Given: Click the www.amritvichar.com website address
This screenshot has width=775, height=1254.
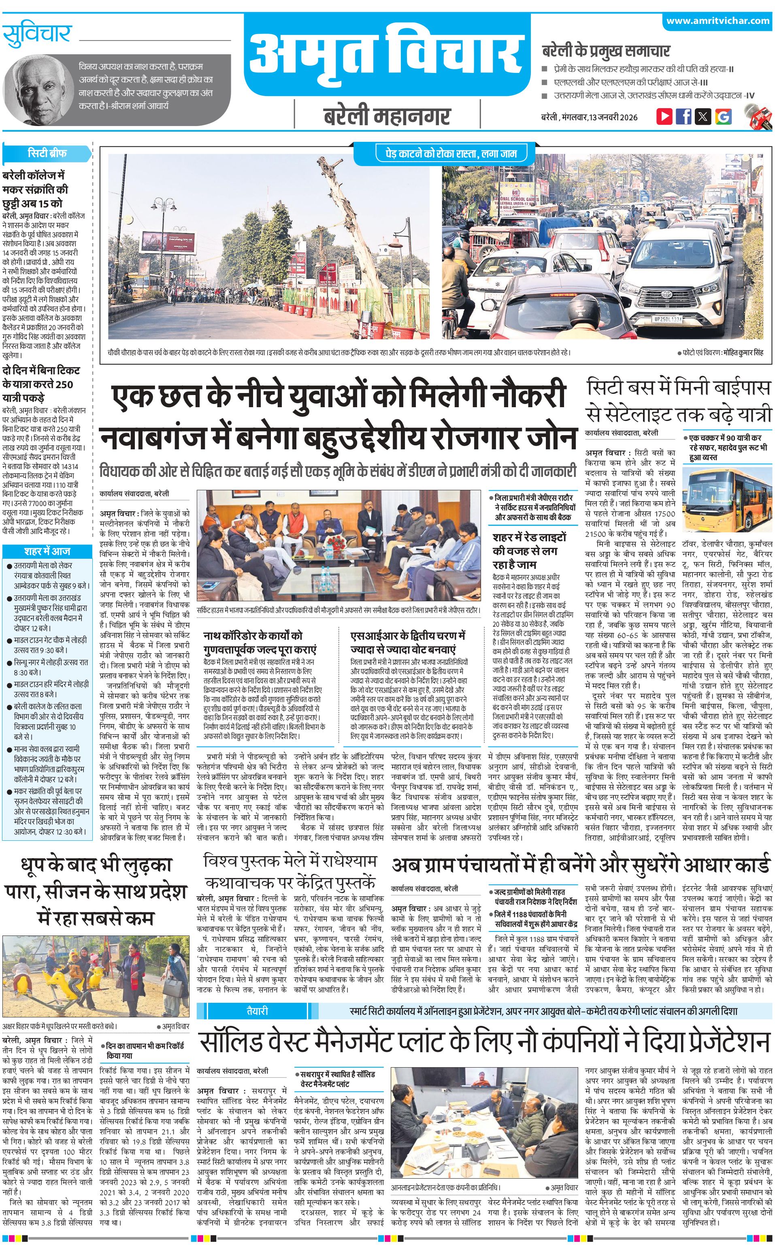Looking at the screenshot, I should (718, 21).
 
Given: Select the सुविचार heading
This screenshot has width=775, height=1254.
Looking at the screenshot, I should (37, 35).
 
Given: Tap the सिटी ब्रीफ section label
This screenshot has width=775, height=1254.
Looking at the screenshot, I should (47, 153).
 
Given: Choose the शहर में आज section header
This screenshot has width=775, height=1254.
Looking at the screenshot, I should (47, 551).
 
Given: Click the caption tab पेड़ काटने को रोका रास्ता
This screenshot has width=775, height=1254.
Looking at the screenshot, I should (443, 153).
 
